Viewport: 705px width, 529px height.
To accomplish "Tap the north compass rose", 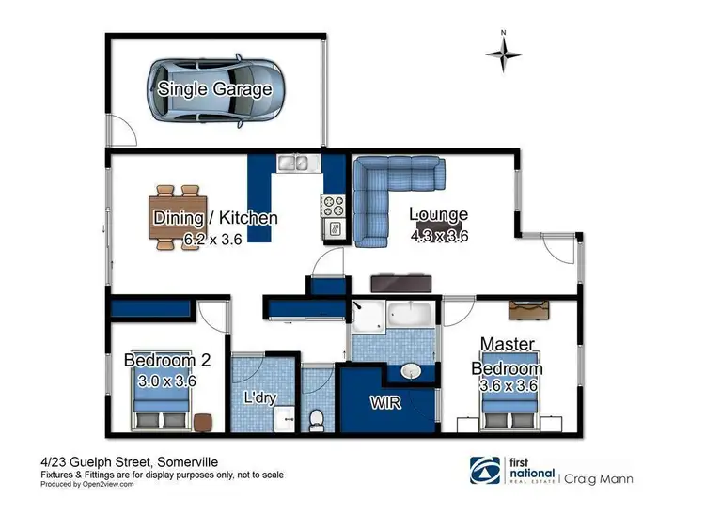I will [505, 54].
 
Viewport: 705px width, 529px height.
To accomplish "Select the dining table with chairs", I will [178, 217].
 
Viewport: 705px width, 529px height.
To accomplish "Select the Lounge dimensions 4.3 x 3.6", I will [439, 236].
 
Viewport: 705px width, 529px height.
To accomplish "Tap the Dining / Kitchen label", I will [215, 218].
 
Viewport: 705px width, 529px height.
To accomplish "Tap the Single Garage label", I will [215, 89].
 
